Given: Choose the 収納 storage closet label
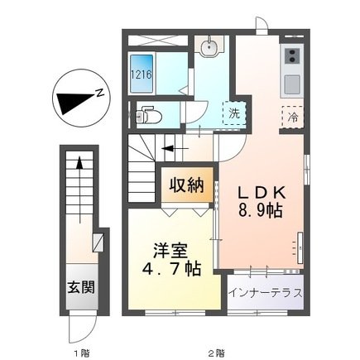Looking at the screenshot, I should click(x=188, y=186).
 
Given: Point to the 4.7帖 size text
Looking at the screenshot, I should click(x=171, y=270).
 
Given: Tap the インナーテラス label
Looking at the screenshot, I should click(x=266, y=294).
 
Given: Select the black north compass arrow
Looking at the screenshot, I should click(x=73, y=101).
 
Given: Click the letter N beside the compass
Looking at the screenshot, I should click(x=98, y=92).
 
